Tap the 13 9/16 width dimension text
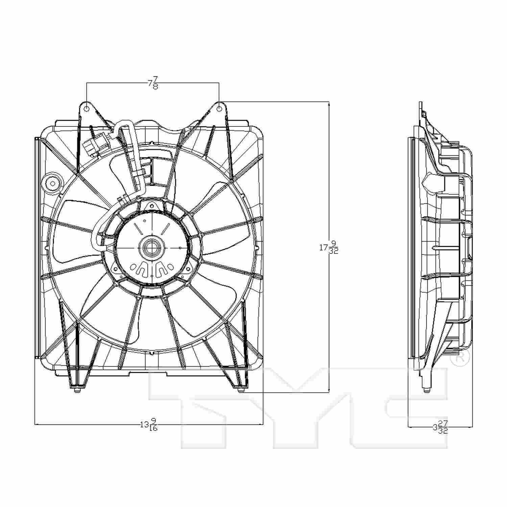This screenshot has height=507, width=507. [x=149, y=425]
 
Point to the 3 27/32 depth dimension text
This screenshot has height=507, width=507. [x=440, y=427]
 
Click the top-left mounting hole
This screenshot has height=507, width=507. [x=87, y=108]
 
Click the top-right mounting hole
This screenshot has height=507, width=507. [x=219, y=108]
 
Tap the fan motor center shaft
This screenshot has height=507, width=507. [x=152, y=248]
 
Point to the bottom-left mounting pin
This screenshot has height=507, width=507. [x=77, y=391]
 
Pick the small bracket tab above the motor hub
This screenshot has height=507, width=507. [x=152, y=205]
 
